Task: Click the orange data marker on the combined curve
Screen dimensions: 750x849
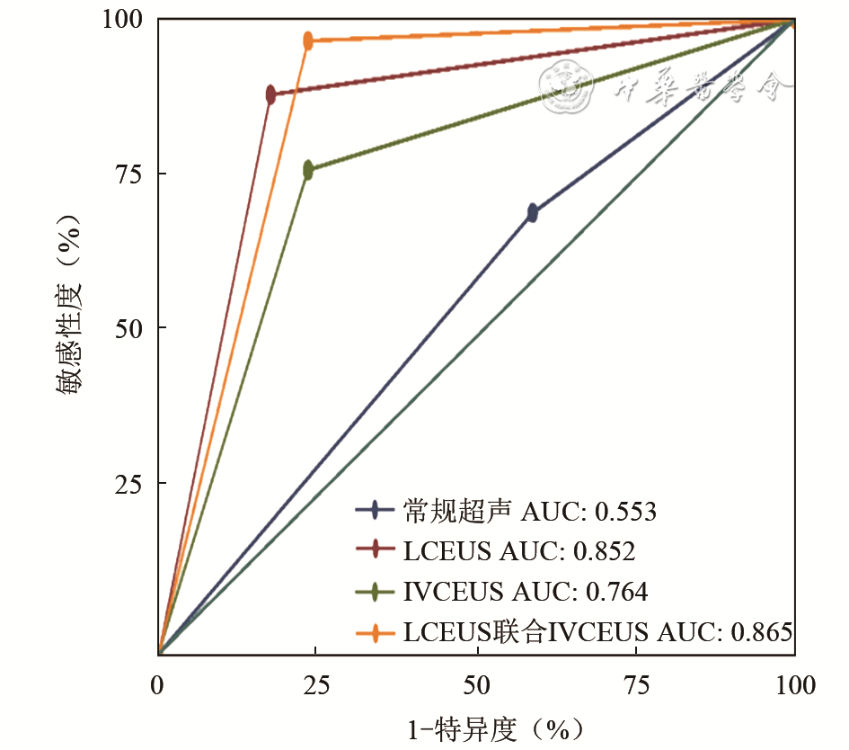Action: tap(308, 40)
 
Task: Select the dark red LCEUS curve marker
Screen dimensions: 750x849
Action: tap(270, 94)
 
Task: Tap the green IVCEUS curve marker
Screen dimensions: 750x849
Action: tap(308, 170)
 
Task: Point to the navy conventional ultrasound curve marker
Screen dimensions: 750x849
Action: tap(533, 213)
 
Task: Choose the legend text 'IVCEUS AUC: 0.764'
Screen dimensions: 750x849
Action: tap(526, 592)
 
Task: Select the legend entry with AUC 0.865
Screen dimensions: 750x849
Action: tap(597, 632)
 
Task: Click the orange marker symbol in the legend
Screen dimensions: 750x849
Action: tap(374, 633)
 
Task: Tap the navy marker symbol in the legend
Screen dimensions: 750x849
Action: tap(374, 511)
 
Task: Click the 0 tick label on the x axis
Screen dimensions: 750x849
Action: tap(158, 688)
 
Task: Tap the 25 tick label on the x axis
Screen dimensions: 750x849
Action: tap(316, 688)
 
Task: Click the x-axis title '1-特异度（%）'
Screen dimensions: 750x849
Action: tap(476, 728)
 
